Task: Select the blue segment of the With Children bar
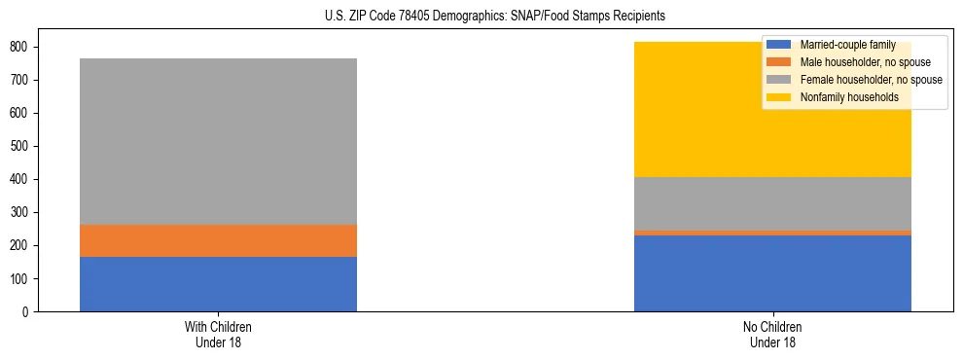click(x=218, y=284)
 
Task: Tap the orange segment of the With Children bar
click(x=218, y=240)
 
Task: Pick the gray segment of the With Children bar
click(x=218, y=141)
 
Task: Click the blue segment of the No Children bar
click(x=771, y=273)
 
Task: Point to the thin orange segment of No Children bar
click(x=771, y=233)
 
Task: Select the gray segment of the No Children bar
click(x=771, y=203)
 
